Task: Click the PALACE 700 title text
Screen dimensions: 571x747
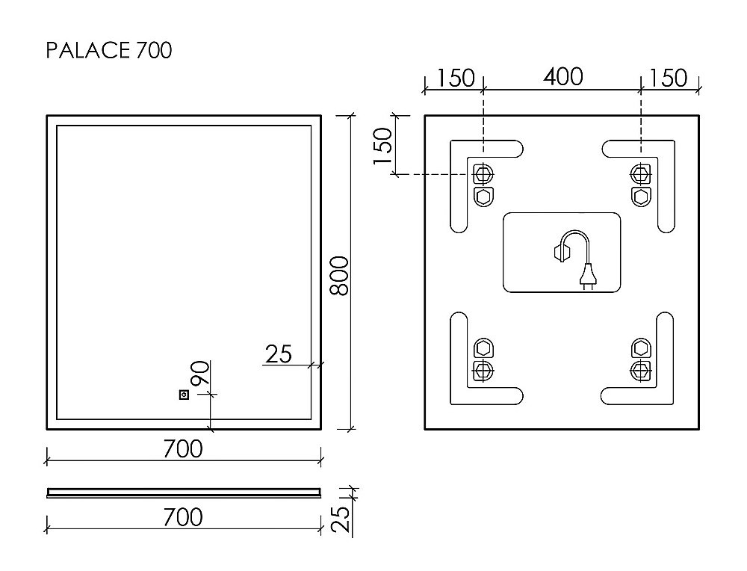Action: (x=109, y=50)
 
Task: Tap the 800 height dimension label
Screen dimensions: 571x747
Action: (x=338, y=275)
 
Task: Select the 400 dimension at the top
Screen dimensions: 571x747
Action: (x=562, y=77)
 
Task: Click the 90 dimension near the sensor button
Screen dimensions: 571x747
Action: (x=199, y=373)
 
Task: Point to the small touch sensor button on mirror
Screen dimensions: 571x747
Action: (x=183, y=394)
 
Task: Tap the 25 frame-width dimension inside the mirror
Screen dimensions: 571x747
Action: (x=279, y=354)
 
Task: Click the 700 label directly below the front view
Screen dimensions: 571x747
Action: (x=182, y=449)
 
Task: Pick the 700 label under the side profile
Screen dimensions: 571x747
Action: (x=182, y=516)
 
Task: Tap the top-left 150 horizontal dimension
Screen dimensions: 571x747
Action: (x=454, y=78)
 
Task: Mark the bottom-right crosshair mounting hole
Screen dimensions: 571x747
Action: (x=640, y=369)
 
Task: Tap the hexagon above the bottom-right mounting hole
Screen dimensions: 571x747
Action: (x=640, y=348)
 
